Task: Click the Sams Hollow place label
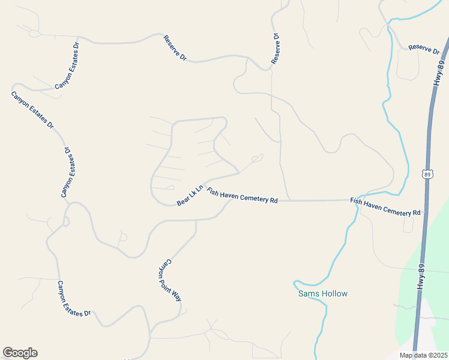pos(323,294)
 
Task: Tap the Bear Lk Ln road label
pos(190,195)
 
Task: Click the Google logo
pos(20,353)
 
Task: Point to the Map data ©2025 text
pos(423,355)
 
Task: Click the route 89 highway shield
pos(427,174)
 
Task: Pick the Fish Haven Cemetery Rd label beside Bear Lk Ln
pos(242,196)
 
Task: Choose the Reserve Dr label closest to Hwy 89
pos(424,50)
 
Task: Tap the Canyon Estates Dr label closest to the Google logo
pos(74,299)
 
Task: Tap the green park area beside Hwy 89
pos(435,258)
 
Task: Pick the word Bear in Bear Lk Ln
pos(183,202)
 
